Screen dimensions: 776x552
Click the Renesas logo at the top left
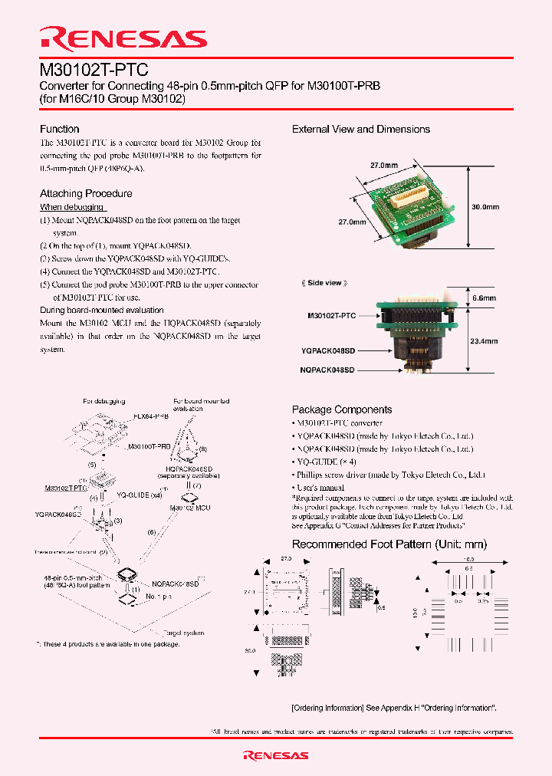click(123, 39)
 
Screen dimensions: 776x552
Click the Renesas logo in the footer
click(275, 755)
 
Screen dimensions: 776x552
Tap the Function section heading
click(60, 129)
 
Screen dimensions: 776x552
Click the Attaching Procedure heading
click(86, 193)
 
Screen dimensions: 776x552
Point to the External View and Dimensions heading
click(361, 129)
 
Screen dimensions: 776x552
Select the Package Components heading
click(342, 409)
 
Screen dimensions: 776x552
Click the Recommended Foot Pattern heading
click(389, 544)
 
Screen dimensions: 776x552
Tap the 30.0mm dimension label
click(485, 207)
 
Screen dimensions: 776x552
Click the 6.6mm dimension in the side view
click(484, 298)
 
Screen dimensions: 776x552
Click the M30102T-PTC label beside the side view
click(331, 315)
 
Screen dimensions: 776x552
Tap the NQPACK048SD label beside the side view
click(328, 370)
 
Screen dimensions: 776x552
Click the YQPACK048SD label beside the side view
click(328, 351)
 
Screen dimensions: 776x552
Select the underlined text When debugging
click(72, 207)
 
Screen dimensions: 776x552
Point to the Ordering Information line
click(394, 708)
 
